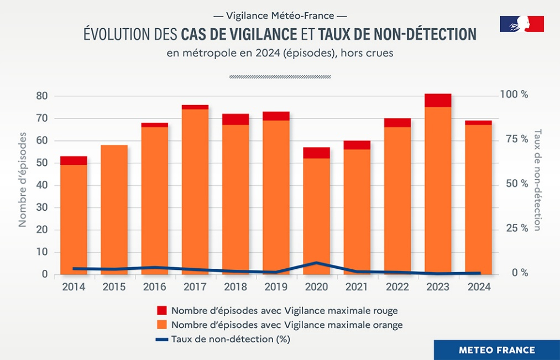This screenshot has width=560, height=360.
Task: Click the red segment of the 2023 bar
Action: [x=438, y=101]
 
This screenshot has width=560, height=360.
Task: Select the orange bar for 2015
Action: [x=114, y=210]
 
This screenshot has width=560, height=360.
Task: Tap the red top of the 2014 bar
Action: [x=74, y=160]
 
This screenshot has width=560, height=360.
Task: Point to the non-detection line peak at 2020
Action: [x=316, y=263]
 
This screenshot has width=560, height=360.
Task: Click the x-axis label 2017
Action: [x=195, y=287]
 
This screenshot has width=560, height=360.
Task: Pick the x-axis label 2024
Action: [x=478, y=287]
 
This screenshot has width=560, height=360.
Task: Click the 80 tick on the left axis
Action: [x=43, y=96]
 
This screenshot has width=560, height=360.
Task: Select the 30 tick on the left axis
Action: [x=43, y=207]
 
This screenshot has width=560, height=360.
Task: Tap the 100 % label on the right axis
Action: [x=514, y=95]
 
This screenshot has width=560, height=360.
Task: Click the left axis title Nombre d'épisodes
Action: [x=23, y=179]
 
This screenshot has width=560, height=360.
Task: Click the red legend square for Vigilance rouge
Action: [x=161, y=310]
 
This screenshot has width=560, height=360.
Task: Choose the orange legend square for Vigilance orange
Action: [x=161, y=325]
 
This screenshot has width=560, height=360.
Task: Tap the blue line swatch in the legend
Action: [x=161, y=339]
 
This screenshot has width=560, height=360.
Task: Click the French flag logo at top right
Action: [x=522, y=24]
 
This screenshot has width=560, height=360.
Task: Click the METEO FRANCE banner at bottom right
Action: [x=496, y=350]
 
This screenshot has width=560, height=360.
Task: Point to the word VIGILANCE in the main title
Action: [x=260, y=34]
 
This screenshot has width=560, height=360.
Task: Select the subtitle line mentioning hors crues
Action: [x=280, y=54]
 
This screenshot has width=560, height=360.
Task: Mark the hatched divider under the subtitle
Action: [x=280, y=77]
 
